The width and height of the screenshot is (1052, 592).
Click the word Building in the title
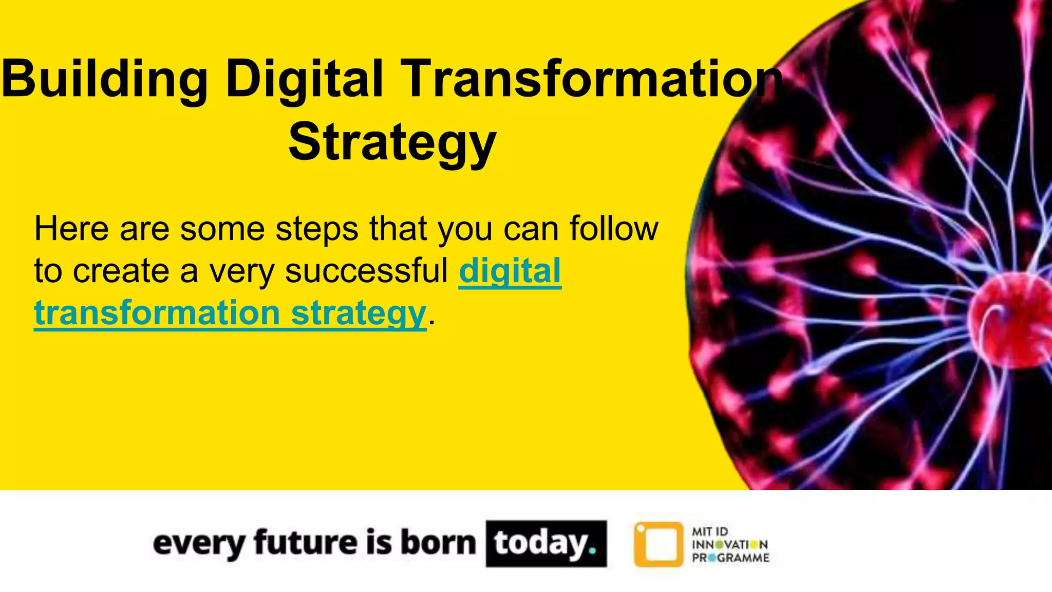105,80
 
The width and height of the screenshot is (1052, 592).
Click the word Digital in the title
304,80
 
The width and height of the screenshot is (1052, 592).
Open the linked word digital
510,272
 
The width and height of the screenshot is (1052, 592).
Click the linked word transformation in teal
157,313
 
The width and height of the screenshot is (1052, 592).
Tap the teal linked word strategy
358,314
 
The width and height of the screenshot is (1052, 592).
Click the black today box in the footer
546,544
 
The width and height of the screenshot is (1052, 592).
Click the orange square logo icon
659,544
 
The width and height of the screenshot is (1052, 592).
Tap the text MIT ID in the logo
709,531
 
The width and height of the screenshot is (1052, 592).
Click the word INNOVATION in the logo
729,545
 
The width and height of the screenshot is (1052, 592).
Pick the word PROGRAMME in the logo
730,558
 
